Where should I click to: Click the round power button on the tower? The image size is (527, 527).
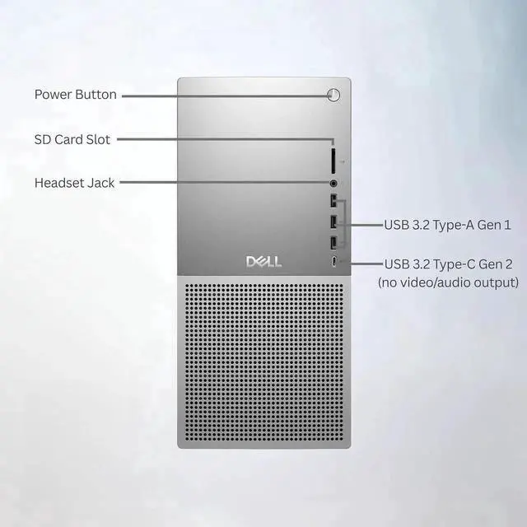[333, 95]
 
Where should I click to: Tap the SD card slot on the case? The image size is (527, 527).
[333, 156]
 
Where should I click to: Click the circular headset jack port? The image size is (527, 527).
[333, 183]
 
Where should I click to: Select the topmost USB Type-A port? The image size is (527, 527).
[333, 202]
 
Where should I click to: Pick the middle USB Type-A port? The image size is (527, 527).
[333, 222]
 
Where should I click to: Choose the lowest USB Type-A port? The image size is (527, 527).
[333, 242]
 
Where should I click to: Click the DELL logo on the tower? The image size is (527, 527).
[263, 262]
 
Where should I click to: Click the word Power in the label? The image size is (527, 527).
[53, 95]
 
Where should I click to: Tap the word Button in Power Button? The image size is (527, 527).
[96, 95]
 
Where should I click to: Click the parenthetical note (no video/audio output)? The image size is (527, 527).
[448, 282]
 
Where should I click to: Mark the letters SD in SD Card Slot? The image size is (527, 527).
[42, 139]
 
